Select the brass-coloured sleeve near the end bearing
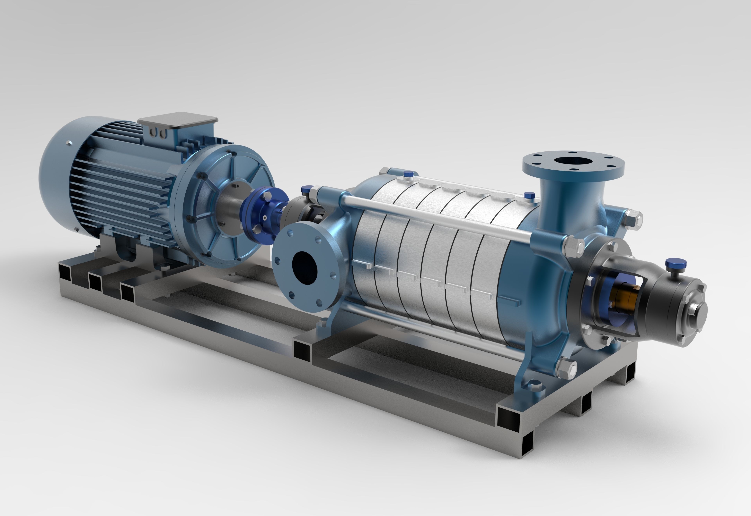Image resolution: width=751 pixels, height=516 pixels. click(x=626, y=293)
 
